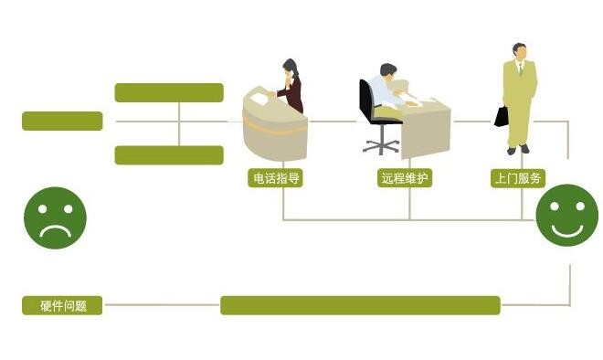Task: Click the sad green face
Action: pos(55,217)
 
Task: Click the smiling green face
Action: pos(566,215)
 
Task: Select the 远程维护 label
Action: pos(403,178)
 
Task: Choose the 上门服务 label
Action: pos(518,178)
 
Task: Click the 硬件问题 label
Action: pos(63,306)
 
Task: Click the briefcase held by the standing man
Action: pos(502,116)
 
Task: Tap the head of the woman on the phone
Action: pos(291,68)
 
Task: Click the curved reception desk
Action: pos(272,128)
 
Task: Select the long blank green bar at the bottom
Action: pos(360,305)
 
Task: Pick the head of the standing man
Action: pos(520,52)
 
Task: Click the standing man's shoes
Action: pos(518,148)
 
